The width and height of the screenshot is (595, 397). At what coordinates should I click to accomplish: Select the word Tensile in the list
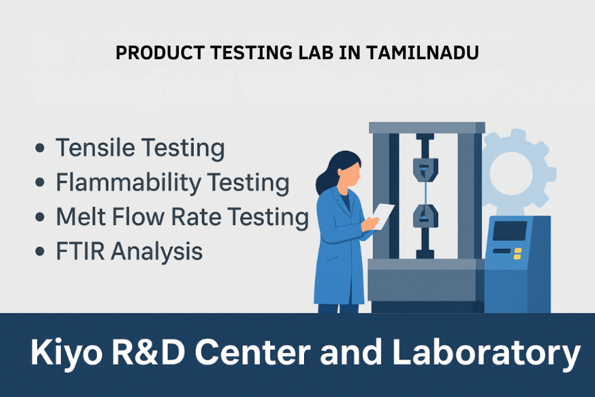[94, 149]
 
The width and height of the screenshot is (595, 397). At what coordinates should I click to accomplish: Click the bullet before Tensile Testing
[41, 149]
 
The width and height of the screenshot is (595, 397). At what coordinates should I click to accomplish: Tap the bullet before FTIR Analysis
[41, 251]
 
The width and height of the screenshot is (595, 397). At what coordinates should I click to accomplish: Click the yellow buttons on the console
[518, 253]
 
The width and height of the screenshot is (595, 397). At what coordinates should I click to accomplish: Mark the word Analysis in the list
[157, 251]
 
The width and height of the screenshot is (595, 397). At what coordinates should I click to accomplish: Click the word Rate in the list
[200, 217]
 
